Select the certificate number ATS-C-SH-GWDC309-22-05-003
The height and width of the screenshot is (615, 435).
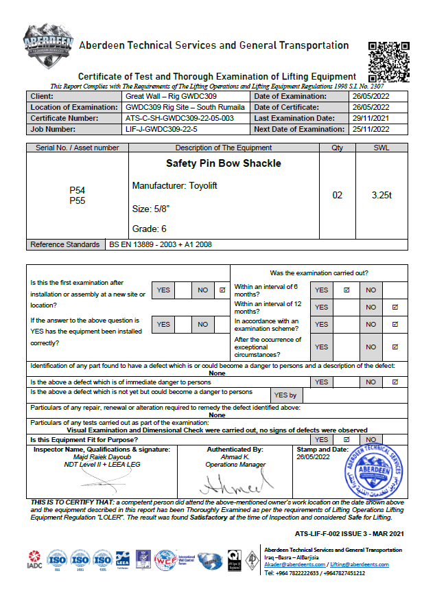click(x=180, y=118)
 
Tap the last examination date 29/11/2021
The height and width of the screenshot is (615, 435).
click(x=371, y=118)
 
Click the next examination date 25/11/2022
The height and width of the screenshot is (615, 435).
click(x=371, y=129)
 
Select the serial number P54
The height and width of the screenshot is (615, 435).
click(x=78, y=190)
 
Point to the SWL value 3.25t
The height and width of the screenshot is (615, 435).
click(x=381, y=195)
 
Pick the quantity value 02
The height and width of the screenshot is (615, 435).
click(x=337, y=195)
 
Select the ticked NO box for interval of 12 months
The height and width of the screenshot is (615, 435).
click(x=395, y=307)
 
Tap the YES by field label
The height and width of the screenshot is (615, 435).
click(x=285, y=395)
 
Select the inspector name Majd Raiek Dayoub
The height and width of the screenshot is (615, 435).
click(x=102, y=456)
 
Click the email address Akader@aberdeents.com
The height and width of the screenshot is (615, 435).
click(x=296, y=564)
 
